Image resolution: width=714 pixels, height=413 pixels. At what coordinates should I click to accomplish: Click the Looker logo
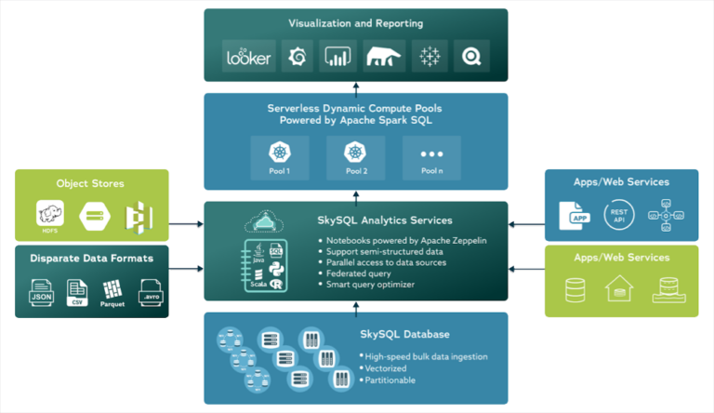click(x=249, y=57)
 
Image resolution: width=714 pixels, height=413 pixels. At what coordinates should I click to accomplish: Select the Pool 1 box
click(x=278, y=156)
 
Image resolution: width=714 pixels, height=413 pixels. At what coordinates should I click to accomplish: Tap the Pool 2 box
click(x=354, y=156)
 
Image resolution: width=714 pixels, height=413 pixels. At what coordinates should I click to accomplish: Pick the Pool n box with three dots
click(x=430, y=156)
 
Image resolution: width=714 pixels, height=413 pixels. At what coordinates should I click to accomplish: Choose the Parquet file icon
click(x=112, y=293)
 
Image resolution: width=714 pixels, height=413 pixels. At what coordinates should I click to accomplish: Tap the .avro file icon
click(x=150, y=293)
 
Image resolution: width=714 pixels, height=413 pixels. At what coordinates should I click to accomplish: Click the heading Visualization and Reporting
click(x=356, y=22)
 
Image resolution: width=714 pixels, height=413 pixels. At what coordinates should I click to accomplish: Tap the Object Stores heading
click(x=90, y=183)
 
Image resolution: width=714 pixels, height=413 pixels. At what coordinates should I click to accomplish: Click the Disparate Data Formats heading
click(x=91, y=258)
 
